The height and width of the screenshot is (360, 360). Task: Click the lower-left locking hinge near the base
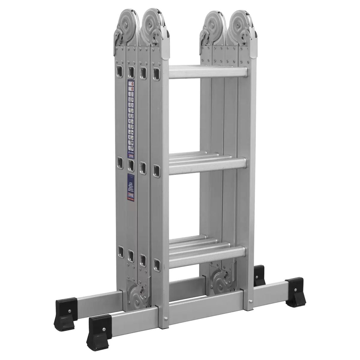(x=138, y=297)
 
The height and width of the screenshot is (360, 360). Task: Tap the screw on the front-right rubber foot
(x=295, y=289)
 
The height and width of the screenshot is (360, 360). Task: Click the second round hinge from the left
(x=151, y=24)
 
